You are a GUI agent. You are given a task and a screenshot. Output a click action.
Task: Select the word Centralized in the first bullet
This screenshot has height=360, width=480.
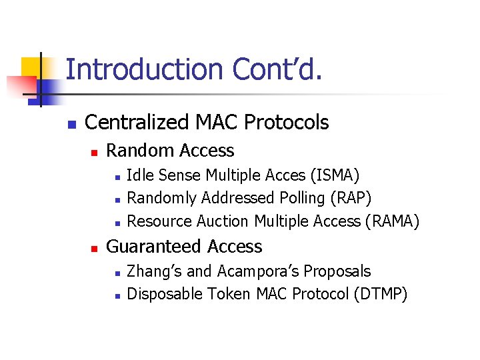point(137,123)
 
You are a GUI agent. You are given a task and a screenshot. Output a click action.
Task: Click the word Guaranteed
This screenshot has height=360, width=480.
point(155,247)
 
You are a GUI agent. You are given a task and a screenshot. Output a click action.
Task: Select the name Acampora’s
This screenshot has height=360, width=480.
point(255,271)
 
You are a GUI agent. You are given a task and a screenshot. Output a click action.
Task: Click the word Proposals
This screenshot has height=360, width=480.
point(337,271)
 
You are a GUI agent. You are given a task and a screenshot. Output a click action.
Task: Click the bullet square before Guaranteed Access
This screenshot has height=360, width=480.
point(94,248)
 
